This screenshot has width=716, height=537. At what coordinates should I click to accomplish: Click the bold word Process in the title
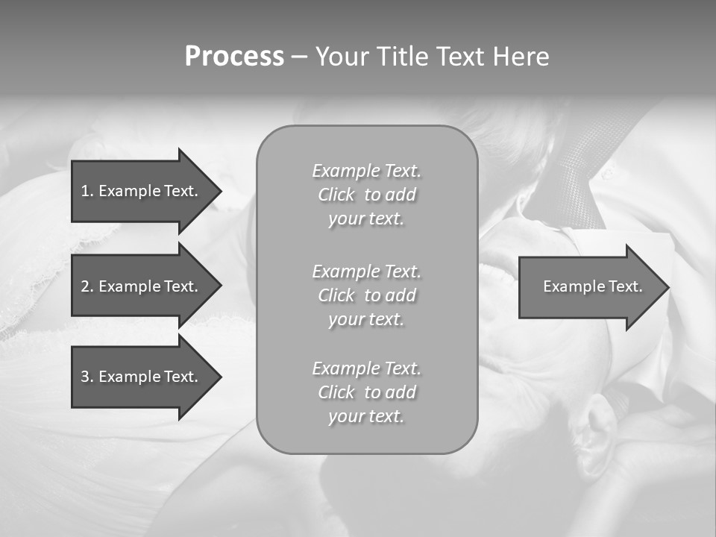tap(234, 57)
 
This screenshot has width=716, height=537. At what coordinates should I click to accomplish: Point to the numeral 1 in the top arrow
tap(85, 191)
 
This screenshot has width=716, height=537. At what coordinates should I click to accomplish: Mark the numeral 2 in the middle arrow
tap(85, 286)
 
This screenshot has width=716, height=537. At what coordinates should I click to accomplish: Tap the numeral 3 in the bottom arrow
tap(85, 377)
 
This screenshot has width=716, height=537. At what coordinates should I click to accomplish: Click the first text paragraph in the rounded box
tap(366, 195)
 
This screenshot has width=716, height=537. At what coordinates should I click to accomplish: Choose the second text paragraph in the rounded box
tap(366, 295)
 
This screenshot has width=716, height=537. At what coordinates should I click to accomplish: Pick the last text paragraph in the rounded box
tap(366, 392)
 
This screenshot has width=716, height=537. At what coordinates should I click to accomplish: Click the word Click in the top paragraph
tap(336, 195)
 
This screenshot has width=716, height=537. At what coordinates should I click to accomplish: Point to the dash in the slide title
tap(299, 57)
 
